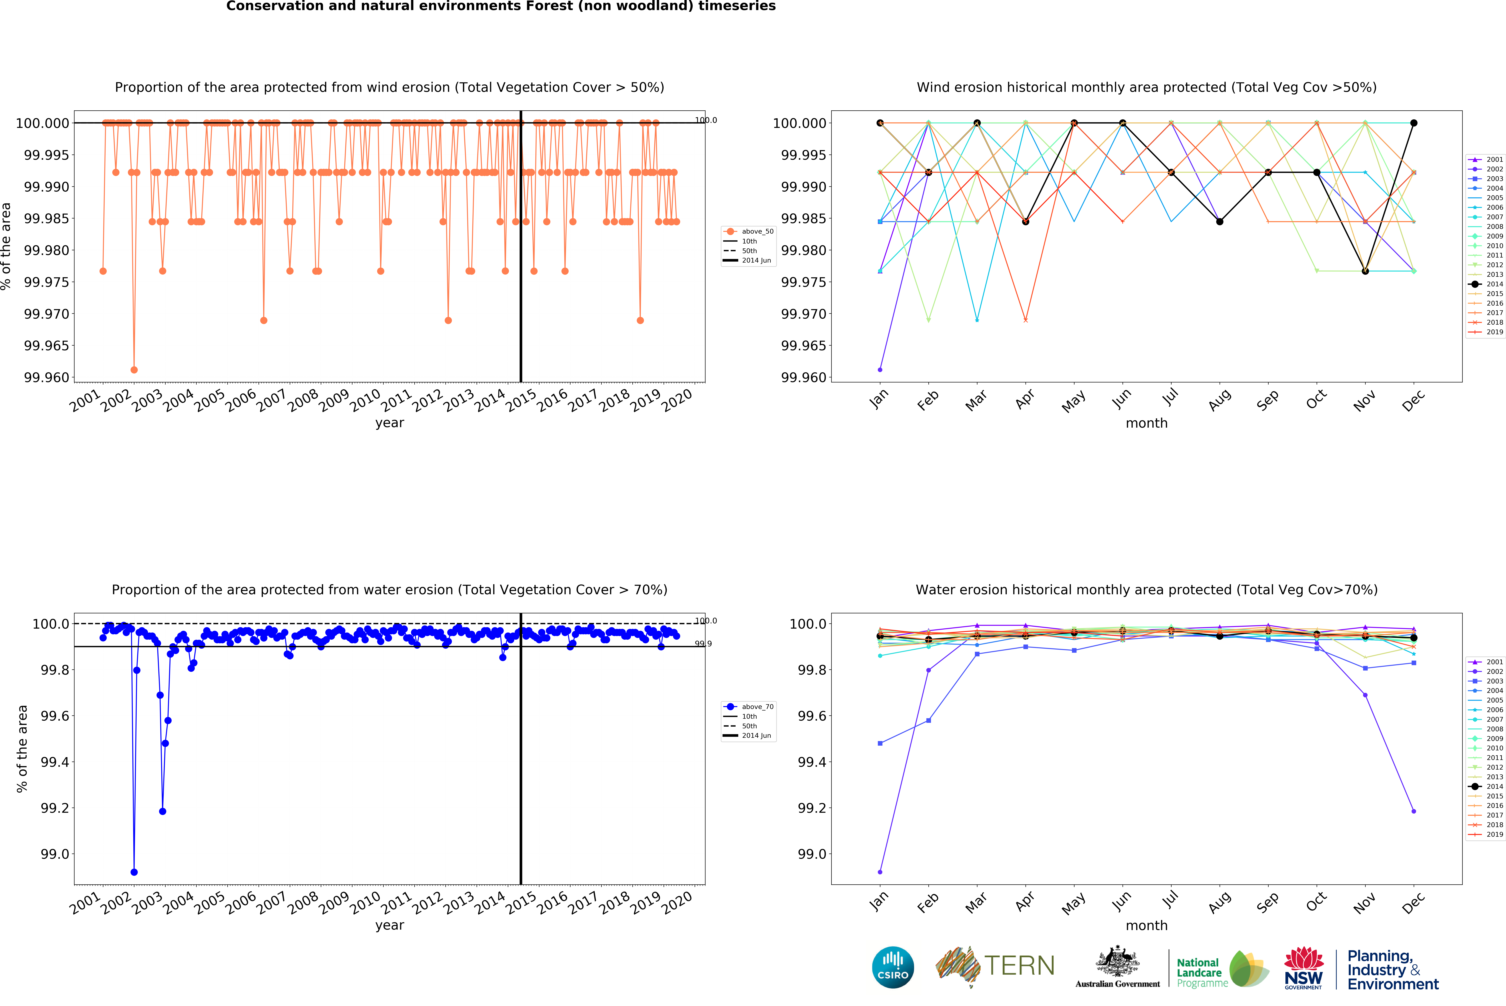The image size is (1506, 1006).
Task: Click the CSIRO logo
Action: pos(893,967)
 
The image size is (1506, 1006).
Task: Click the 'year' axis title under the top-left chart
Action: pos(389,423)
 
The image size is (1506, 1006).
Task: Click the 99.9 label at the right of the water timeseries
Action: pos(703,644)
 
